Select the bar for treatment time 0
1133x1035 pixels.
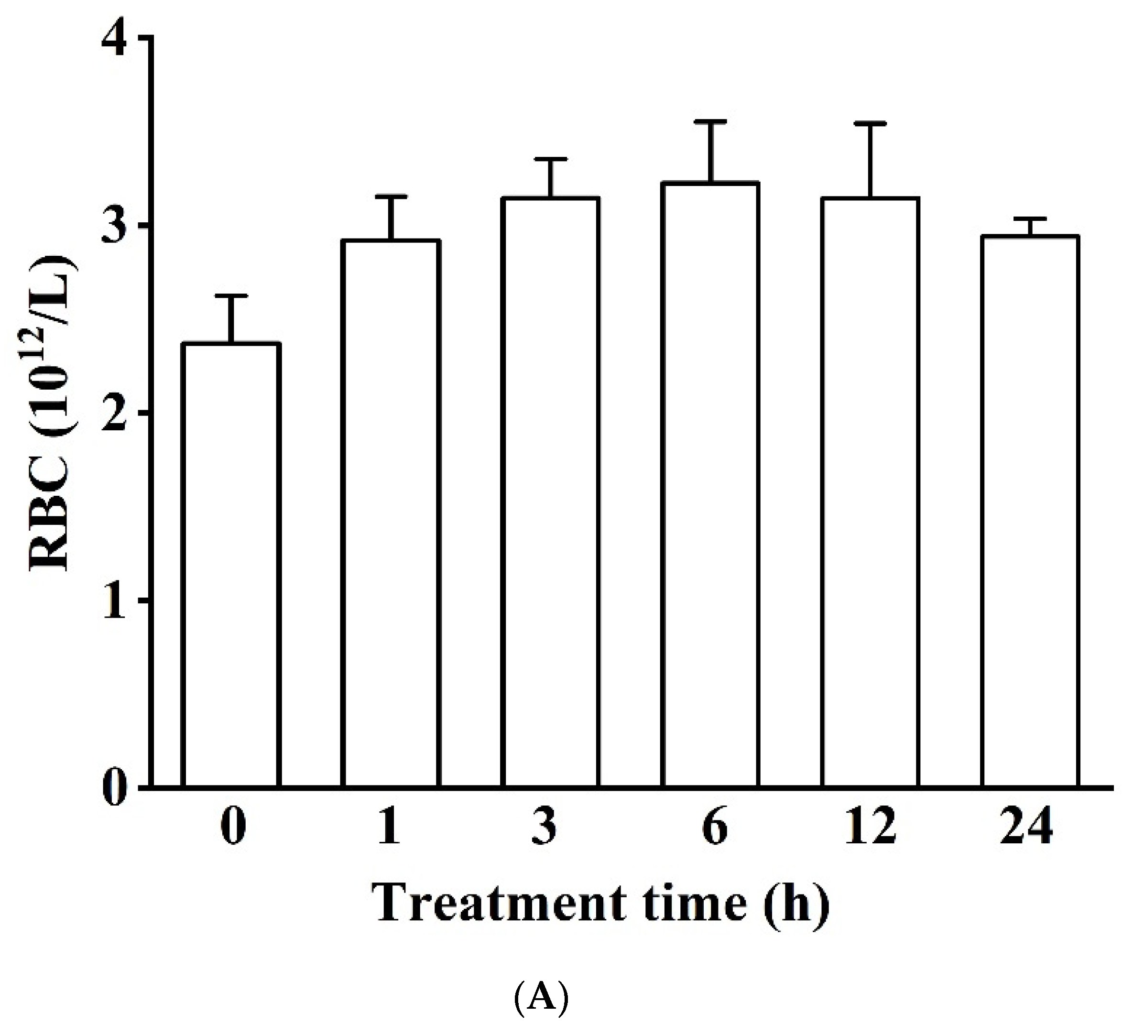(x=231, y=565)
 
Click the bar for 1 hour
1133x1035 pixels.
(x=391, y=513)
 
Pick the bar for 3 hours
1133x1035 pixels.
(x=550, y=492)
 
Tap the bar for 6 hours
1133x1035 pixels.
(x=710, y=484)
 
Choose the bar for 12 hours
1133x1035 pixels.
(x=870, y=492)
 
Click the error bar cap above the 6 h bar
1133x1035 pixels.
(x=710, y=121)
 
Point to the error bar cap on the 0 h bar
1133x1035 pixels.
(x=231, y=295)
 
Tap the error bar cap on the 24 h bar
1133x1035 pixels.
(x=1030, y=218)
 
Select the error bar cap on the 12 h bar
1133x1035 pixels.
(x=870, y=123)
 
